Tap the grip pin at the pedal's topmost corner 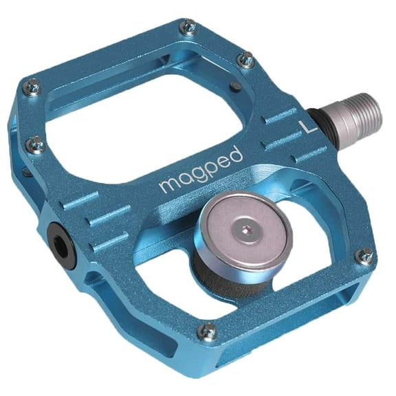[188, 27]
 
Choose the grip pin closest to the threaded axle [245, 60]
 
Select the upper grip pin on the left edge [32, 87]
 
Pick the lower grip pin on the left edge [34, 144]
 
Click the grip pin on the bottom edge [205, 331]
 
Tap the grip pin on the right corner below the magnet [364, 256]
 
